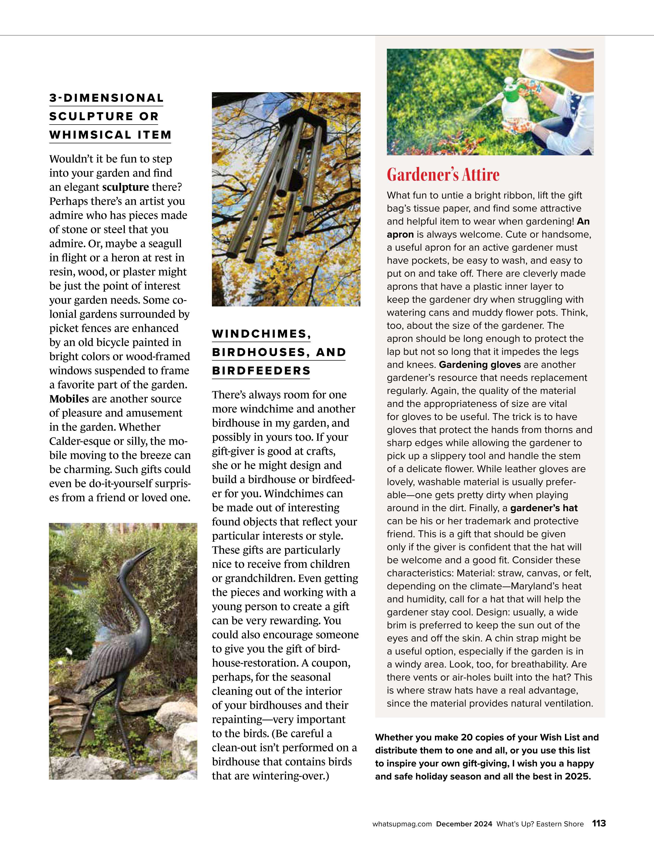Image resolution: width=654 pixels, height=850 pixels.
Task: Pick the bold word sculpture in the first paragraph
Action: point(125,187)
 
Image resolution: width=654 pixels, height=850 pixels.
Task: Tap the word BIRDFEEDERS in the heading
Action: point(261,371)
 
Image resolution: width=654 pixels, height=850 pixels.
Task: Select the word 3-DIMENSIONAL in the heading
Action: point(106,98)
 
